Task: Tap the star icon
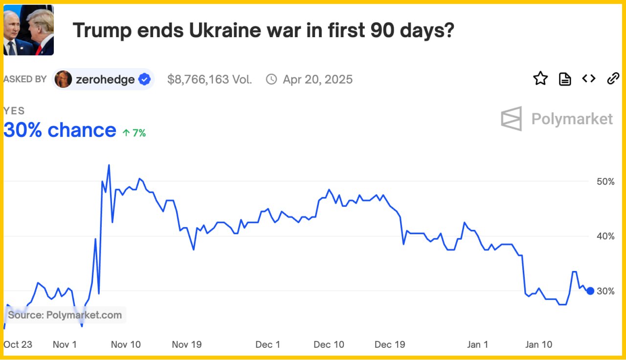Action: pos(540,78)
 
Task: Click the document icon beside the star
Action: pos(565,79)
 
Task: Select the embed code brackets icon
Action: pos(589,78)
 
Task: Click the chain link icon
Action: pos(613,78)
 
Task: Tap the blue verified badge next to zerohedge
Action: pos(144,79)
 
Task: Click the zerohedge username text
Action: pos(105,79)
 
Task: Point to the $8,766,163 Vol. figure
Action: pos(209,79)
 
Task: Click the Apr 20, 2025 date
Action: pos(317,79)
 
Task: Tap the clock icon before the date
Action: pos(271,79)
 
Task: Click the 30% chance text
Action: pos(60,130)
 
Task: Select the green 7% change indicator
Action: pos(134,133)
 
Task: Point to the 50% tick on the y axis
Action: pos(605,181)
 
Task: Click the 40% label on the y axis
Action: pos(605,236)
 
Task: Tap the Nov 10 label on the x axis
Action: pos(126,344)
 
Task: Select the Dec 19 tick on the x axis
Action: pos(390,344)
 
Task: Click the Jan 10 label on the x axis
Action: pos(538,344)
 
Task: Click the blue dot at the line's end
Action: pos(590,291)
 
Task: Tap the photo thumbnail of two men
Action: pos(28,31)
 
